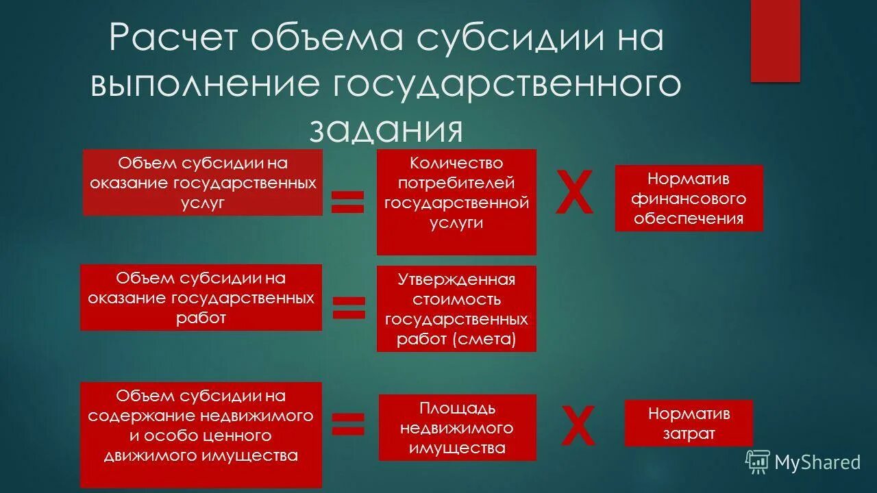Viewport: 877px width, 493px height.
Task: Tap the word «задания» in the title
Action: pyautogui.click(x=386, y=129)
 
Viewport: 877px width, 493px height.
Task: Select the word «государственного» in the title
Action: pyautogui.click(x=507, y=85)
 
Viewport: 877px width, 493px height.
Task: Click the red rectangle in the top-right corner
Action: pyautogui.click(x=775, y=40)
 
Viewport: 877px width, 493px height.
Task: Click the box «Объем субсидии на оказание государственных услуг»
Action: pyautogui.click(x=203, y=183)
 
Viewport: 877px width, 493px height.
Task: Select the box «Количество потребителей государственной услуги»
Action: pyautogui.click(x=456, y=202)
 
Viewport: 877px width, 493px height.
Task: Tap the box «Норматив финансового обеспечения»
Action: pyautogui.click(x=689, y=199)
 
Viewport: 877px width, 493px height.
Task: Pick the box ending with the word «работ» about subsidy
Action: pyautogui.click(x=201, y=298)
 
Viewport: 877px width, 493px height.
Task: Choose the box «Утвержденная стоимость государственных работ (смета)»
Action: pyautogui.click(x=456, y=309)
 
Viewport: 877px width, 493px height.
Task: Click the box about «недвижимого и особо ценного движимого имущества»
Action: pyautogui.click(x=201, y=435)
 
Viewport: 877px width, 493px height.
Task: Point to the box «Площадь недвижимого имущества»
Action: pyautogui.click(x=457, y=428)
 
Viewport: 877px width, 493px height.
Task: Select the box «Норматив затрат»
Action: pyautogui.click(x=689, y=423)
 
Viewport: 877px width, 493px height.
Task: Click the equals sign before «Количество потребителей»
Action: pyautogui.click(x=348, y=201)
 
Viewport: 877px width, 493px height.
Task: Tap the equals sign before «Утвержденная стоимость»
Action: pyautogui.click(x=349, y=307)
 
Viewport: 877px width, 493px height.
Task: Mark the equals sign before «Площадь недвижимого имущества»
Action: pyautogui.click(x=348, y=425)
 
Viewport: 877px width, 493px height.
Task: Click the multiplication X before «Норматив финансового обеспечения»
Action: pyautogui.click(x=574, y=194)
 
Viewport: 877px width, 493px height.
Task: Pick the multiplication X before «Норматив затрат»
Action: pyautogui.click(x=578, y=426)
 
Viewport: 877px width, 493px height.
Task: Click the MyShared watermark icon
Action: pyautogui.click(x=757, y=462)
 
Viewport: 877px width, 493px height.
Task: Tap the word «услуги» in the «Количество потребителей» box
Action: pyautogui.click(x=456, y=223)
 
